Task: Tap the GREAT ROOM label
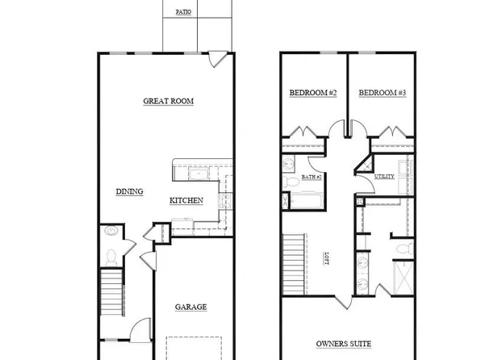pyautogui.click(x=169, y=101)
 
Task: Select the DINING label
pyautogui.click(x=129, y=191)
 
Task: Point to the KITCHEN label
pyautogui.click(x=186, y=200)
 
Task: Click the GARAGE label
pyautogui.click(x=191, y=306)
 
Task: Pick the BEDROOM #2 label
pyautogui.click(x=312, y=94)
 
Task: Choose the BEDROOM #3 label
pyautogui.click(x=382, y=94)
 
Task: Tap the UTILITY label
pyautogui.click(x=384, y=176)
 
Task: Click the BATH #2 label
pyautogui.click(x=312, y=176)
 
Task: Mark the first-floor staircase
pyautogui.click(x=111, y=295)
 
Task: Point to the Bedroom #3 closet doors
pyautogui.click(x=395, y=132)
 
